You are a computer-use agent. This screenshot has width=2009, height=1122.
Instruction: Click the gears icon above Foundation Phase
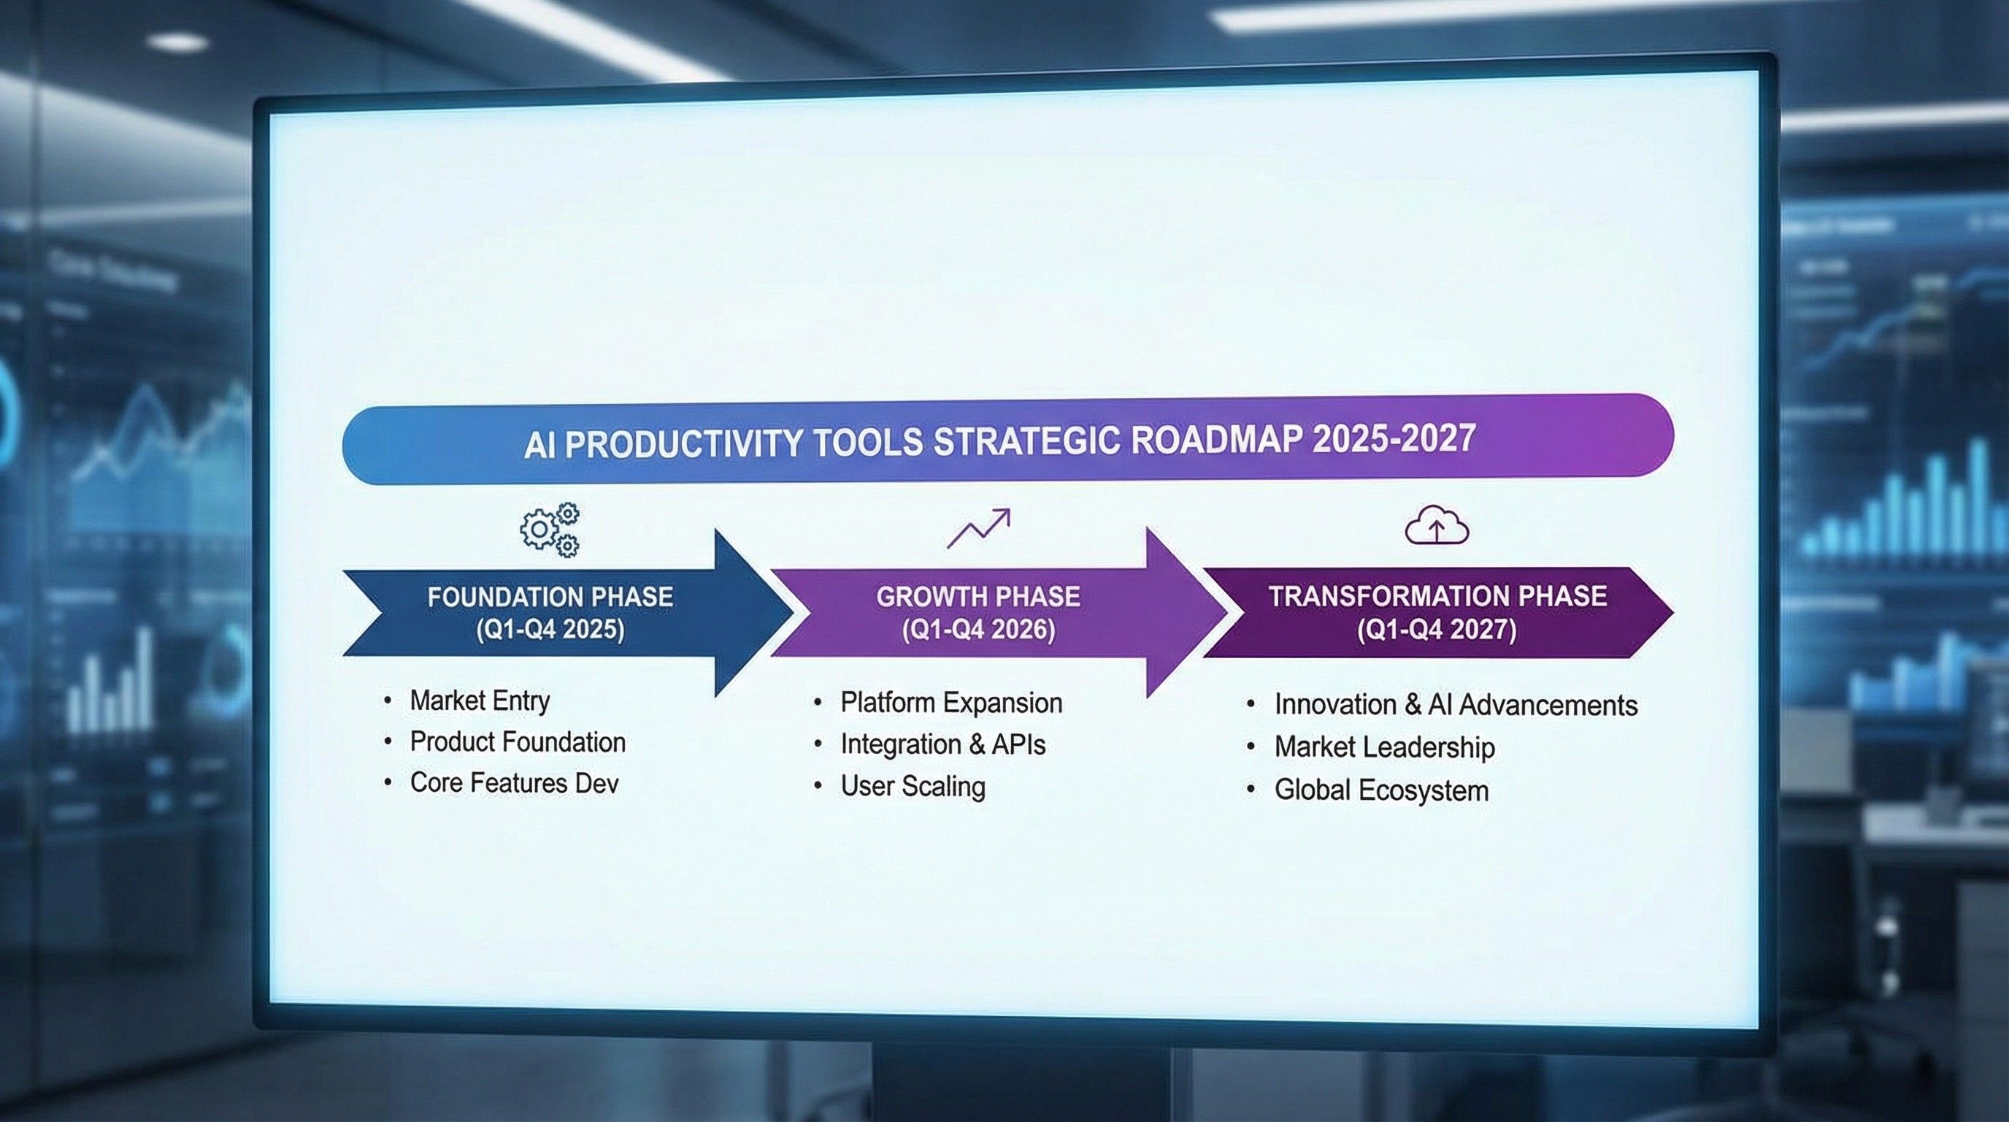[550, 530]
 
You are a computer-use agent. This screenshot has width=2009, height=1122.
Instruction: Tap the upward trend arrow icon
[978, 528]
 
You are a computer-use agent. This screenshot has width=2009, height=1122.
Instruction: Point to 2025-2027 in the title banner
[1394, 437]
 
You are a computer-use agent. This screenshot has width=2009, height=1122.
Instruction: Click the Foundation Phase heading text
[550, 597]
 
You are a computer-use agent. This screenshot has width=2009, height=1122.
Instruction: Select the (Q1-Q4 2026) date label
[978, 629]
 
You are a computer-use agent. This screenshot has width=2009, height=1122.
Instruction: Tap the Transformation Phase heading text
[1437, 596]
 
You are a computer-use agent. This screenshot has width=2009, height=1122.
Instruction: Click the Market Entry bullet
[480, 701]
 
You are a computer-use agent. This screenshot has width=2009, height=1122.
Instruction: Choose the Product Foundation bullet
[517, 742]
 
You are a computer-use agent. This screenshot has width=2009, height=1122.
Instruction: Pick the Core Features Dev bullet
[514, 783]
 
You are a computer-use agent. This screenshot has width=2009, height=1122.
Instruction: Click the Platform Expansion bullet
[950, 703]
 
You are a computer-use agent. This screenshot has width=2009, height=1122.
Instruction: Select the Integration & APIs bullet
[942, 744]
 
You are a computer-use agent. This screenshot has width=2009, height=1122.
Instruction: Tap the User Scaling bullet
[913, 786]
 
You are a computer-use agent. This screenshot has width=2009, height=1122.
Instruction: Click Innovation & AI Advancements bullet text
[1455, 706]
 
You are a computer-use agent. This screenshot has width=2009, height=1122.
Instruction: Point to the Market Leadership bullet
[1384, 747]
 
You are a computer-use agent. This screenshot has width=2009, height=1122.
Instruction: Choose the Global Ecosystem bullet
[1381, 790]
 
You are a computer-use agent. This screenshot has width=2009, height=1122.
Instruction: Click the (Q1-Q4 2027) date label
[1437, 629]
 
